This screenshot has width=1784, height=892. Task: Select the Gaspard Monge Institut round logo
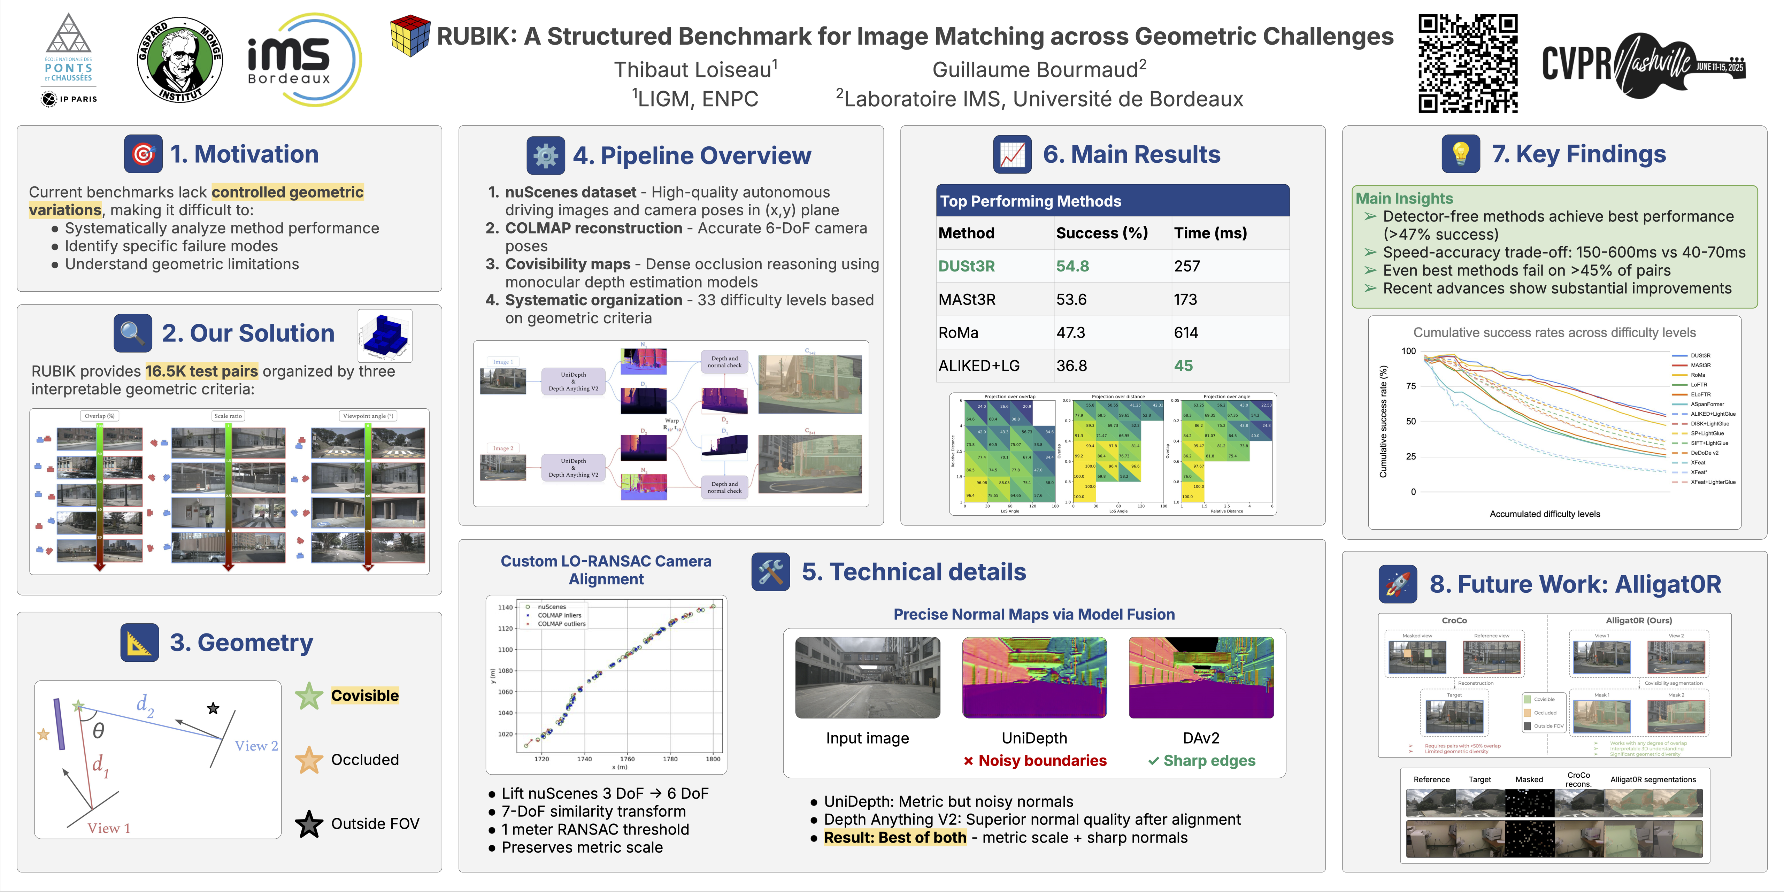[180, 60]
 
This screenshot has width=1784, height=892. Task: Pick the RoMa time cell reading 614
[1186, 332]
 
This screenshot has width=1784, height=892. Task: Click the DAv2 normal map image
[1201, 677]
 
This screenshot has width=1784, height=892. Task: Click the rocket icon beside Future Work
[1398, 584]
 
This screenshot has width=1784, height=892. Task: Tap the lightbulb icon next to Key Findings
[1461, 154]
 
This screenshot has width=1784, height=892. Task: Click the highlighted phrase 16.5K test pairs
[201, 371]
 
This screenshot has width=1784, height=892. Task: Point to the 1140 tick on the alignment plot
[505, 607]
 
